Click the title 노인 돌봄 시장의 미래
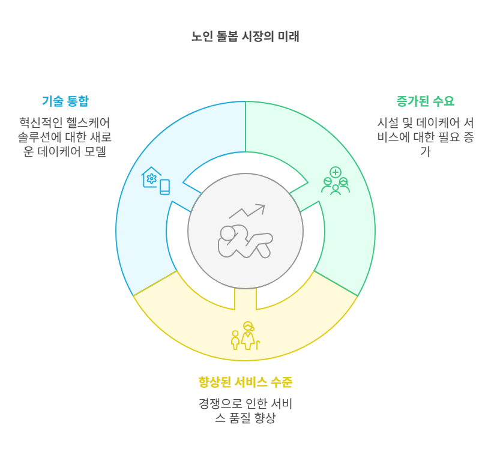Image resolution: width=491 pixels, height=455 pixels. tap(245, 37)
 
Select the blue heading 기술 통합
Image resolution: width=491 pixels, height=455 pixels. tap(65, 100)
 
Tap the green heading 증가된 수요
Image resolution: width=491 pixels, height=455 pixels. tap(425, 100)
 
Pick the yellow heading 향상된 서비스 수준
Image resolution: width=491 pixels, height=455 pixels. tap(245, 382)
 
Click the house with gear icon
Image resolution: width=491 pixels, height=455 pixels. tap(151, 177)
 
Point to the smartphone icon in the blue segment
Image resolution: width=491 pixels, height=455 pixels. tap(164, 187)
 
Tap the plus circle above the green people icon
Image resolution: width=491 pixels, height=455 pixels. tap(336, 172)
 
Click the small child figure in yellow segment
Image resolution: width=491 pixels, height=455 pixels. tap(235, 340)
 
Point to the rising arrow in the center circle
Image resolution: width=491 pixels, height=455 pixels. tap(247, 211)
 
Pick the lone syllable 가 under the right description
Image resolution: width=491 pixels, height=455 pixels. tap(425, 151)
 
